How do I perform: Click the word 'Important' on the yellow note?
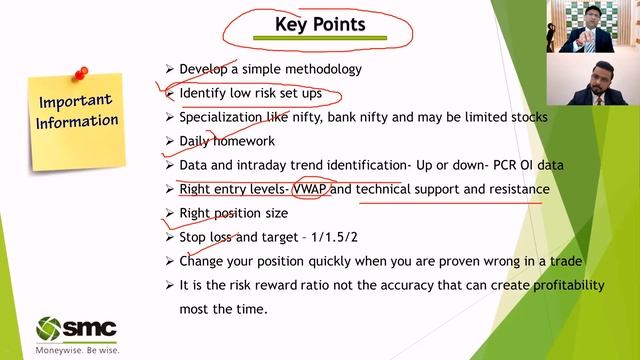point(77,102)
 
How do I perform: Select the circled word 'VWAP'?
point(310,189)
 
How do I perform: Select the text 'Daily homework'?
point(226,141)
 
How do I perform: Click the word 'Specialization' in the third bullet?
point(223,117)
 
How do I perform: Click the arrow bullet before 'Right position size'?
point(169,213)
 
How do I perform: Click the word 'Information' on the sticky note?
point(77,122)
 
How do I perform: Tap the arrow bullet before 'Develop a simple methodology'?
point(169,69)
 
